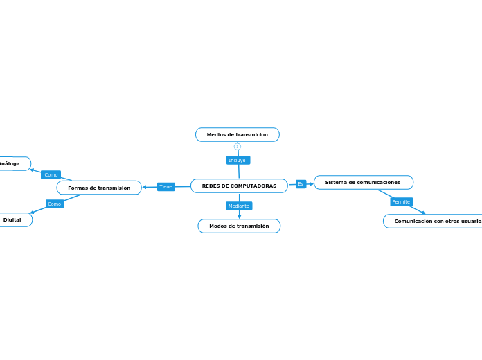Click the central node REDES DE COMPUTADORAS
(239, 186)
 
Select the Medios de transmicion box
(238, 134)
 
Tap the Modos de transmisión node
(239, 226)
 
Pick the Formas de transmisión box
(99, 188)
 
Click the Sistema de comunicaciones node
(363, 182)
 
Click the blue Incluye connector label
(238, 160)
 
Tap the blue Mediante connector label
(239, 206)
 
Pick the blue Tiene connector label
(166, 186)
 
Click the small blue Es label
(301, 183)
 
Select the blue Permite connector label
(401, 201)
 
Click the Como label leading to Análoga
(51, 174)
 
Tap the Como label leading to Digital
(55, 204)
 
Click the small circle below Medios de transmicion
(238, 146)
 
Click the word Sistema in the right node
(337, 182)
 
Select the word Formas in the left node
(78, 188)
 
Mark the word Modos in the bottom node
(218, 226)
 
